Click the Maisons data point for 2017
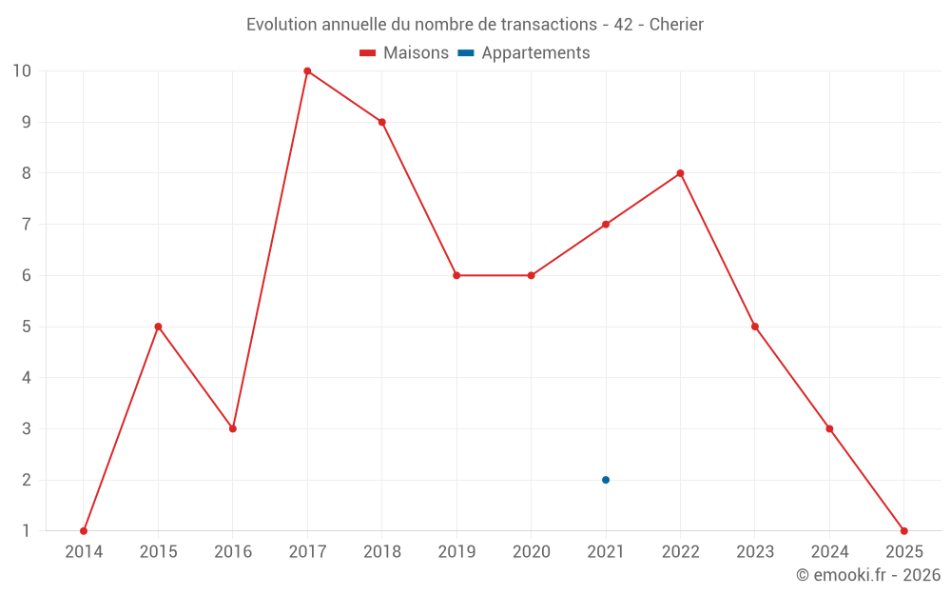[x=307, y=71]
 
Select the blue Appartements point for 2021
[x=606, y=480]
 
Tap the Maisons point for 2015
[x=158, y=327]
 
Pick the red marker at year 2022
[x=680, y=173]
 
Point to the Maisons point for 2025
[x=903, y=530]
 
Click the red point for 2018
[x=381, y=122]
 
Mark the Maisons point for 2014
[x=84, y=530]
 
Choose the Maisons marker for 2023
[x=755, y=327]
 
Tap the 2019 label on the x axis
[x=456, y=552]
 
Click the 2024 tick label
[x=829, y=552]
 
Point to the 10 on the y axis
[x=22, y=71]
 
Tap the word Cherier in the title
[x=676, y=25]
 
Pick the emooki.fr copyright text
[x=868, y=575]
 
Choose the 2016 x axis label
[x=233, y=552]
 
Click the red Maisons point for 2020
[x=531, y=275]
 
